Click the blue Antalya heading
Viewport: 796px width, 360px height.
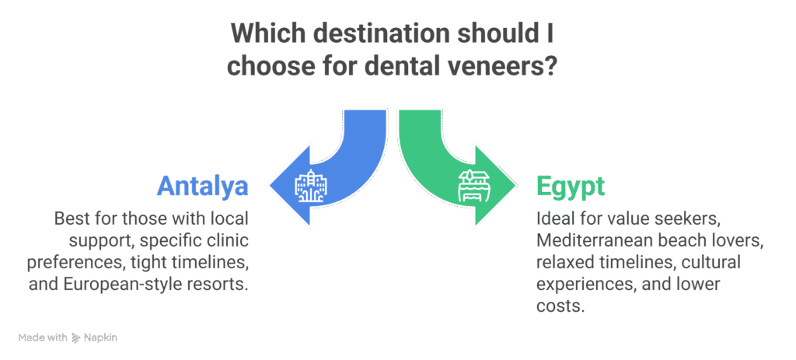(x=202, y=186)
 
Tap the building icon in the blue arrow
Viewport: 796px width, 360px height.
(x=311, y=186)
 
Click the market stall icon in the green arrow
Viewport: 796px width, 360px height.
(x=475, y=187)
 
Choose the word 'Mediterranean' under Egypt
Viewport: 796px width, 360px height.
(x=592, y=242)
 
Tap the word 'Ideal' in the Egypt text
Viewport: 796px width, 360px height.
(x=554, y=220)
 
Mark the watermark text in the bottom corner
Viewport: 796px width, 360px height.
(x=67, y=338)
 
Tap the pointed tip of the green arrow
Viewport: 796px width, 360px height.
(x=517, y=187)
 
